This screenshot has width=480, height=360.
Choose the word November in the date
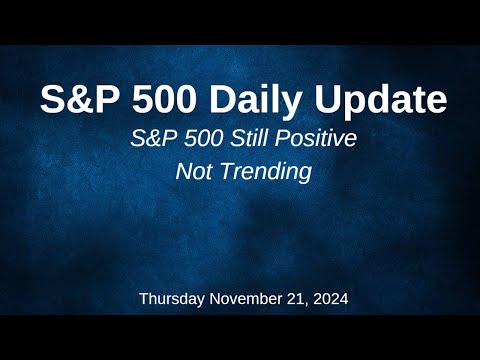tap(246, 298)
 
